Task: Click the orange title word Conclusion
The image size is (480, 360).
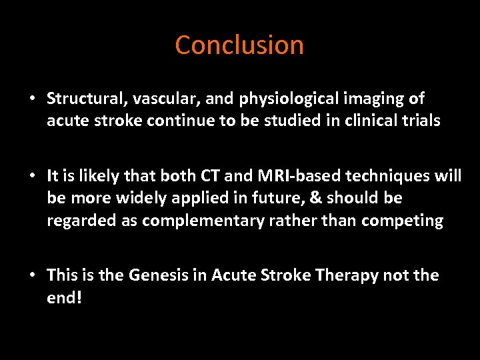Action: point(239,45)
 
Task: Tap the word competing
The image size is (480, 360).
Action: point(406,221)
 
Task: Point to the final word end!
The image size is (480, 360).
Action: point(64,297)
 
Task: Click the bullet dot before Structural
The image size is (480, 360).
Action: point(31,99)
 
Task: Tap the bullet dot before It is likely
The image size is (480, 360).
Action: point(31,176)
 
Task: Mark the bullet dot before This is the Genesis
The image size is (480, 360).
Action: point(31,275)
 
